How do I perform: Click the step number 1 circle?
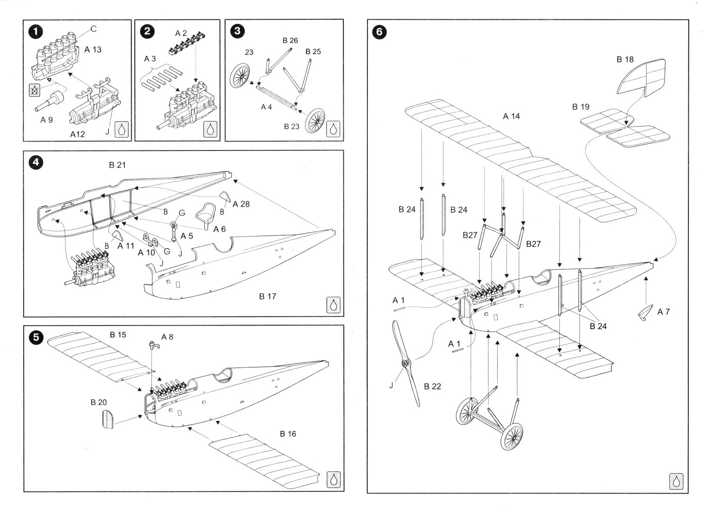click(x=36, y=31)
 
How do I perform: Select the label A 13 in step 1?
click(x=93, y=49)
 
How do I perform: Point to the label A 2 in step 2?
click(x=181, y=33)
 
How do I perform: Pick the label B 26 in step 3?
click(x=290, y=40)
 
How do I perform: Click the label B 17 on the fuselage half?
click(x=267, y=296)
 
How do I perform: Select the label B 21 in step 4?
click(x=117, y=165)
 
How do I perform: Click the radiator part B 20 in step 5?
click(x=108, y=419)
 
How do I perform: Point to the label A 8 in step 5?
click(x=167, y=337)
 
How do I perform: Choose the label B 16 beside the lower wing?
click(x=288, y=434)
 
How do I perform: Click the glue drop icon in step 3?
click(x=333, y=129)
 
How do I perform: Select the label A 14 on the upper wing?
click(x=511, y=116)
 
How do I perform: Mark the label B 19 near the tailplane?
click(x=580, y=107)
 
